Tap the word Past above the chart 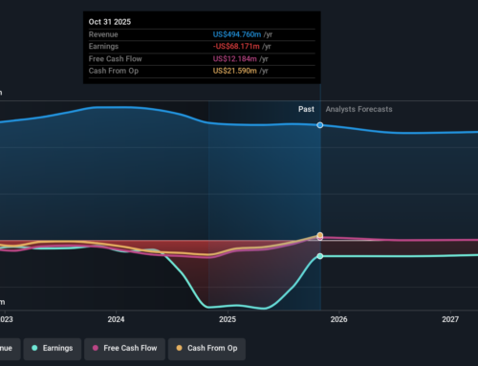(306, 109)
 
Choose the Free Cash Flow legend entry (128, 348)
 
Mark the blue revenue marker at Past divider (320, 125)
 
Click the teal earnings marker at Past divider (320, 256)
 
